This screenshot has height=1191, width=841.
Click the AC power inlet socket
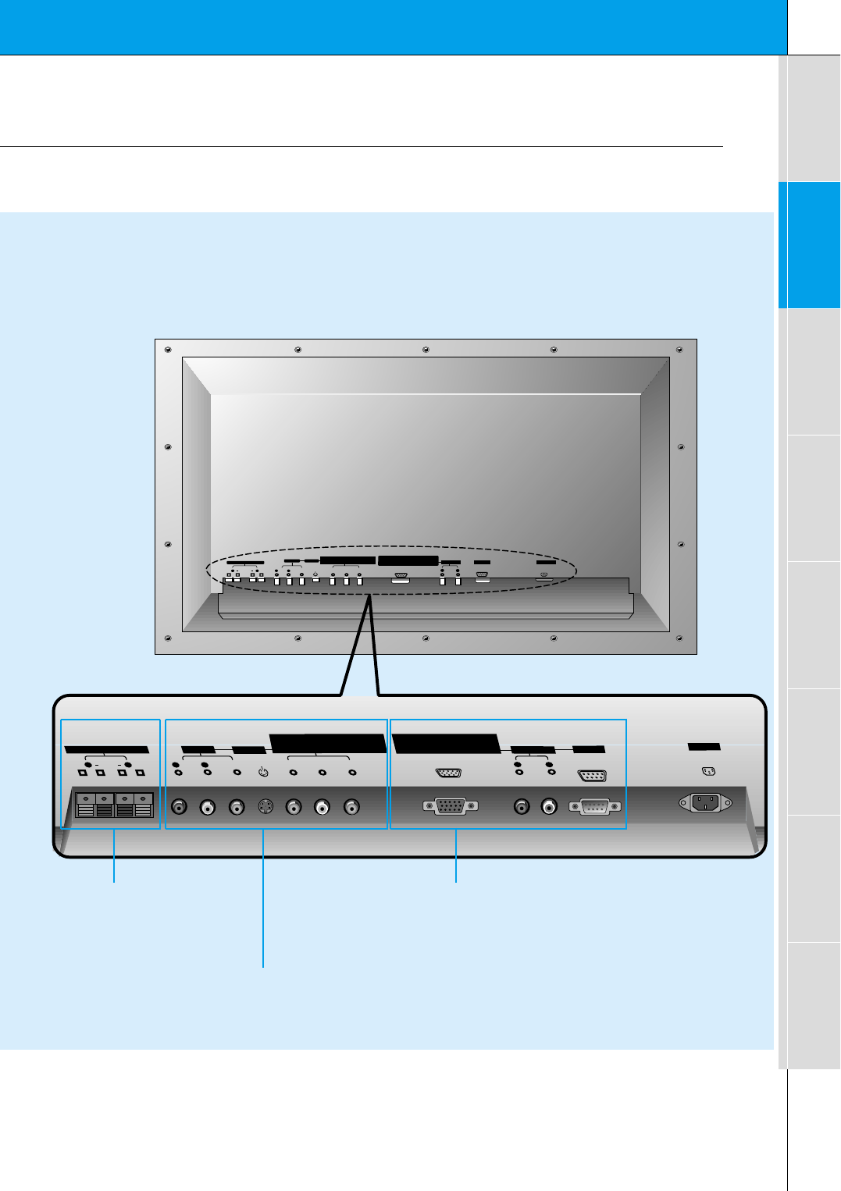tap(704, 802)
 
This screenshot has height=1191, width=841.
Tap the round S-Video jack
tap(265, 807)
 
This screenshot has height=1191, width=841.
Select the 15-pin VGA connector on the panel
tap(450, 806)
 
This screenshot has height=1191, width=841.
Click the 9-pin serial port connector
tap(595, 806)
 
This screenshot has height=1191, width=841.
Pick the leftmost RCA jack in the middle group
tap(179, 807)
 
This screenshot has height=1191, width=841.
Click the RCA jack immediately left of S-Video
tap(237, 807)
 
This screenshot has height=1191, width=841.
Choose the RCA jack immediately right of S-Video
tap(294, 807)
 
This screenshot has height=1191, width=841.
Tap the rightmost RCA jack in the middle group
tap(352, 807)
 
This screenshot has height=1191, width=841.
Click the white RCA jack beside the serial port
tap(551, 806)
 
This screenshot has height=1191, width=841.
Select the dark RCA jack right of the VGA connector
tap(522, 806)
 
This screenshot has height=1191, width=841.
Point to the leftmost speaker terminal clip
tap(85, 805)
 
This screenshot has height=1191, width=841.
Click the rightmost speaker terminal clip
tap(143, 805)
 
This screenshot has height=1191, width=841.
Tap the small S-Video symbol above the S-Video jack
tap(263, 773)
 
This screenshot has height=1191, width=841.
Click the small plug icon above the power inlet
tap(709, 772)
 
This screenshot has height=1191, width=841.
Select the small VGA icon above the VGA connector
tap(448, 773)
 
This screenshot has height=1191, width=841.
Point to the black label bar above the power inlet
tap(704, 747)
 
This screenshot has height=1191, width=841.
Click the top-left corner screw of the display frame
tap(168, 350)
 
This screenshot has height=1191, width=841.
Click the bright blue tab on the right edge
tap(809, 245)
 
